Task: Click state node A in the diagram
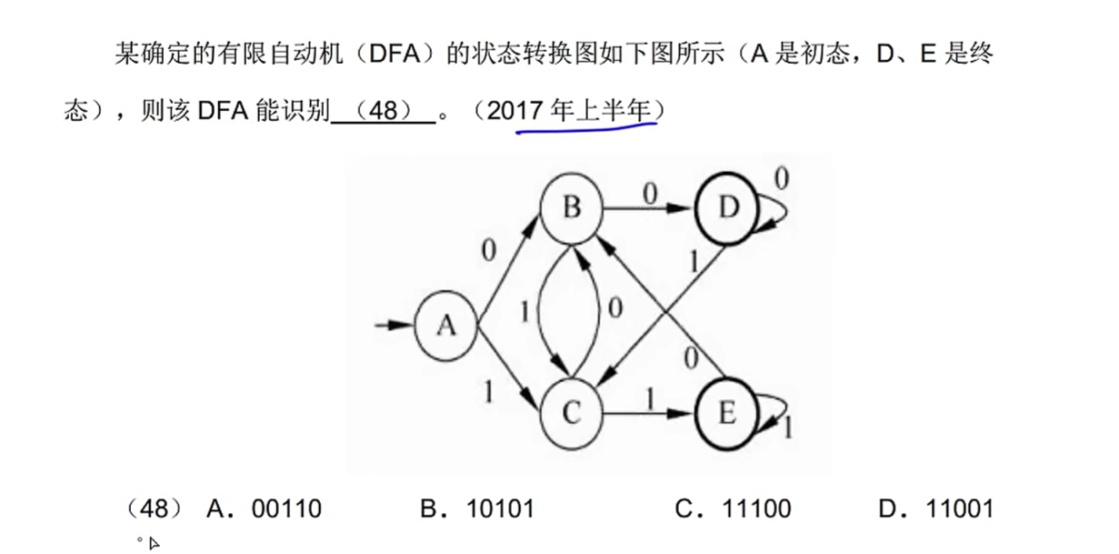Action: tap(445, 326)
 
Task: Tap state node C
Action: tap(571, 414)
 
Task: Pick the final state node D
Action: tap(726, 208)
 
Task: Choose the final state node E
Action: tap(726, 414)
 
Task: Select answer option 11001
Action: tap(959, 509)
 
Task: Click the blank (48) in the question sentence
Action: tap(384, 112)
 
